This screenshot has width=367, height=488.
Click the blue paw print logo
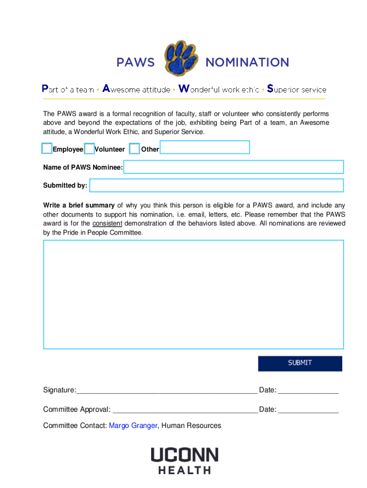coord(180,60)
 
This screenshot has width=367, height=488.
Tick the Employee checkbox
coord(47,149)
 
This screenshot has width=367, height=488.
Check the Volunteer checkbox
coord(89,149)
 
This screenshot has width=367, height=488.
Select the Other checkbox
coord(134,149)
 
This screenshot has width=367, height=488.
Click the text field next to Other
coord(204,147)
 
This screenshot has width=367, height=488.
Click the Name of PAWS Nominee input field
coord(234,167)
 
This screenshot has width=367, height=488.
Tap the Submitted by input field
coord(216,185)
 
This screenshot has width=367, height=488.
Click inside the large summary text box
coord(194,295)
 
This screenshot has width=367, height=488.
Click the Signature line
coord(166,391)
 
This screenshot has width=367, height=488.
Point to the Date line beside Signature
coord(308,391)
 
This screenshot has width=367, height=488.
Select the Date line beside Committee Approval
coord(308,410)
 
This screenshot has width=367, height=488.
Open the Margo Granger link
coord(133,426)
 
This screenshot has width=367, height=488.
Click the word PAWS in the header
coord(136,62)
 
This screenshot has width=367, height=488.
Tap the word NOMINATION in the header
coord(247,62)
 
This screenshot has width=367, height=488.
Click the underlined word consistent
coord(107,224)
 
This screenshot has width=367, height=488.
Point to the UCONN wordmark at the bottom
coord(184,455)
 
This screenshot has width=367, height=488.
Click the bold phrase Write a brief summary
coord(79,205)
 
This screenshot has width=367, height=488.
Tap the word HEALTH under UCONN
coord(184,470)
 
